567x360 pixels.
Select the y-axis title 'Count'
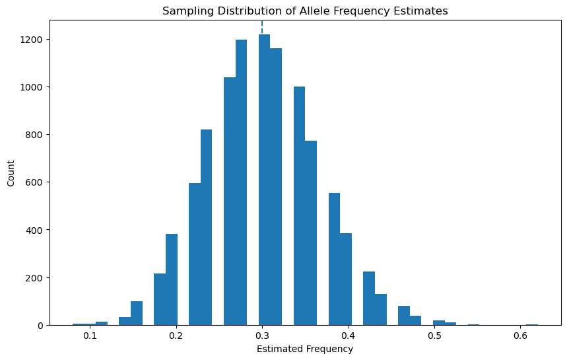coord(11,174)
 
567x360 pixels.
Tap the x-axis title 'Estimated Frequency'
coord(305,349)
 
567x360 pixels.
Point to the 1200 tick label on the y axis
coord(32,40)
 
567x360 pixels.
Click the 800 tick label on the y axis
coord(34,135)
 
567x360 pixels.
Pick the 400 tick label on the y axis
coord(34,230)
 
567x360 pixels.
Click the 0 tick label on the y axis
coord(40,326)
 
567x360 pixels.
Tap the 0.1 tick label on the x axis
coord(90,336)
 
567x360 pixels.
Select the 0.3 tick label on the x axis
coord(262,336)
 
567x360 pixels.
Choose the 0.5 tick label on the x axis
coord(434,336)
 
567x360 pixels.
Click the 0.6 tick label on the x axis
coord(520,336)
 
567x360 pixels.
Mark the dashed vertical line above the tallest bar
coord(262,28)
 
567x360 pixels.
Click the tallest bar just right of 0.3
coord(264,180)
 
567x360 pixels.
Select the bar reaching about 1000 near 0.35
coord(300,206)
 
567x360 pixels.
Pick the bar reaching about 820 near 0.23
coord(206,227)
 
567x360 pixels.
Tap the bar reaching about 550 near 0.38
coord(335,259)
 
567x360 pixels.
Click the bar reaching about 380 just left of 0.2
coord(172,279)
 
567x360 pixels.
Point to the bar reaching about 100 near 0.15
coord(137,313)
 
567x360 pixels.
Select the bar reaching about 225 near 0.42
coord(369,299)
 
